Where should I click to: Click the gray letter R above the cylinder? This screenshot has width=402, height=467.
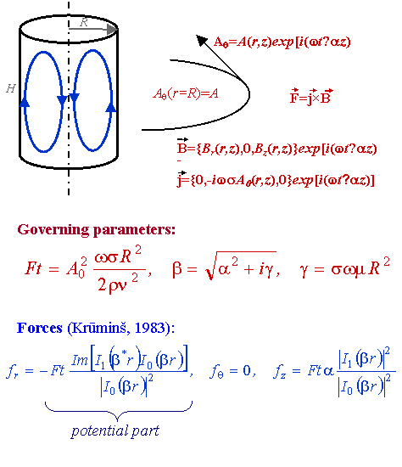[x=84, y=22]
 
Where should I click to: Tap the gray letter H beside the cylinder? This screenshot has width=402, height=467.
[x=11, y=88]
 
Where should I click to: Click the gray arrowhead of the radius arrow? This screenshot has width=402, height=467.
[x=113, y=29]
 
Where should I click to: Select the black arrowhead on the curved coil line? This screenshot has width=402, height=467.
[x=202, y=40]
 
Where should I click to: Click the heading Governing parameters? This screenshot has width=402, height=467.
[x=97, y=230]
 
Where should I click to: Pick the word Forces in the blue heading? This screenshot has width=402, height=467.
[x=40, y=328]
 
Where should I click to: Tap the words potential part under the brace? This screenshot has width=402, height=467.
[x=115, y=431]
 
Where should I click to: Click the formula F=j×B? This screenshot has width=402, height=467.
[x=311, y=96]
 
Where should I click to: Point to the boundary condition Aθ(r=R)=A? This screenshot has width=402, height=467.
[x=186, y=93]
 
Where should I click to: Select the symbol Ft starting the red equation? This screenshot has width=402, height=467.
[x=33, y=267]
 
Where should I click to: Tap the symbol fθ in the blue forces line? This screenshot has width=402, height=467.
[x=216, y=371]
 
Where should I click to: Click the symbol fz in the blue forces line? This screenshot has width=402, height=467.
[x=279, y=371]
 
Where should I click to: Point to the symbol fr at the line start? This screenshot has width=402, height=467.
[x=12, y=371]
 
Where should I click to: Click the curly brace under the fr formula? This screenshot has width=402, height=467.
[x=118, y=411]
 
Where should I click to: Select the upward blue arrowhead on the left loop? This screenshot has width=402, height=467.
[x=25, y=102]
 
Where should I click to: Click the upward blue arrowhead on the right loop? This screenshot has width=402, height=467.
[x=111, y=107]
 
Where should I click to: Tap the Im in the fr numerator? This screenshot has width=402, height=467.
[x=80, y=360]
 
